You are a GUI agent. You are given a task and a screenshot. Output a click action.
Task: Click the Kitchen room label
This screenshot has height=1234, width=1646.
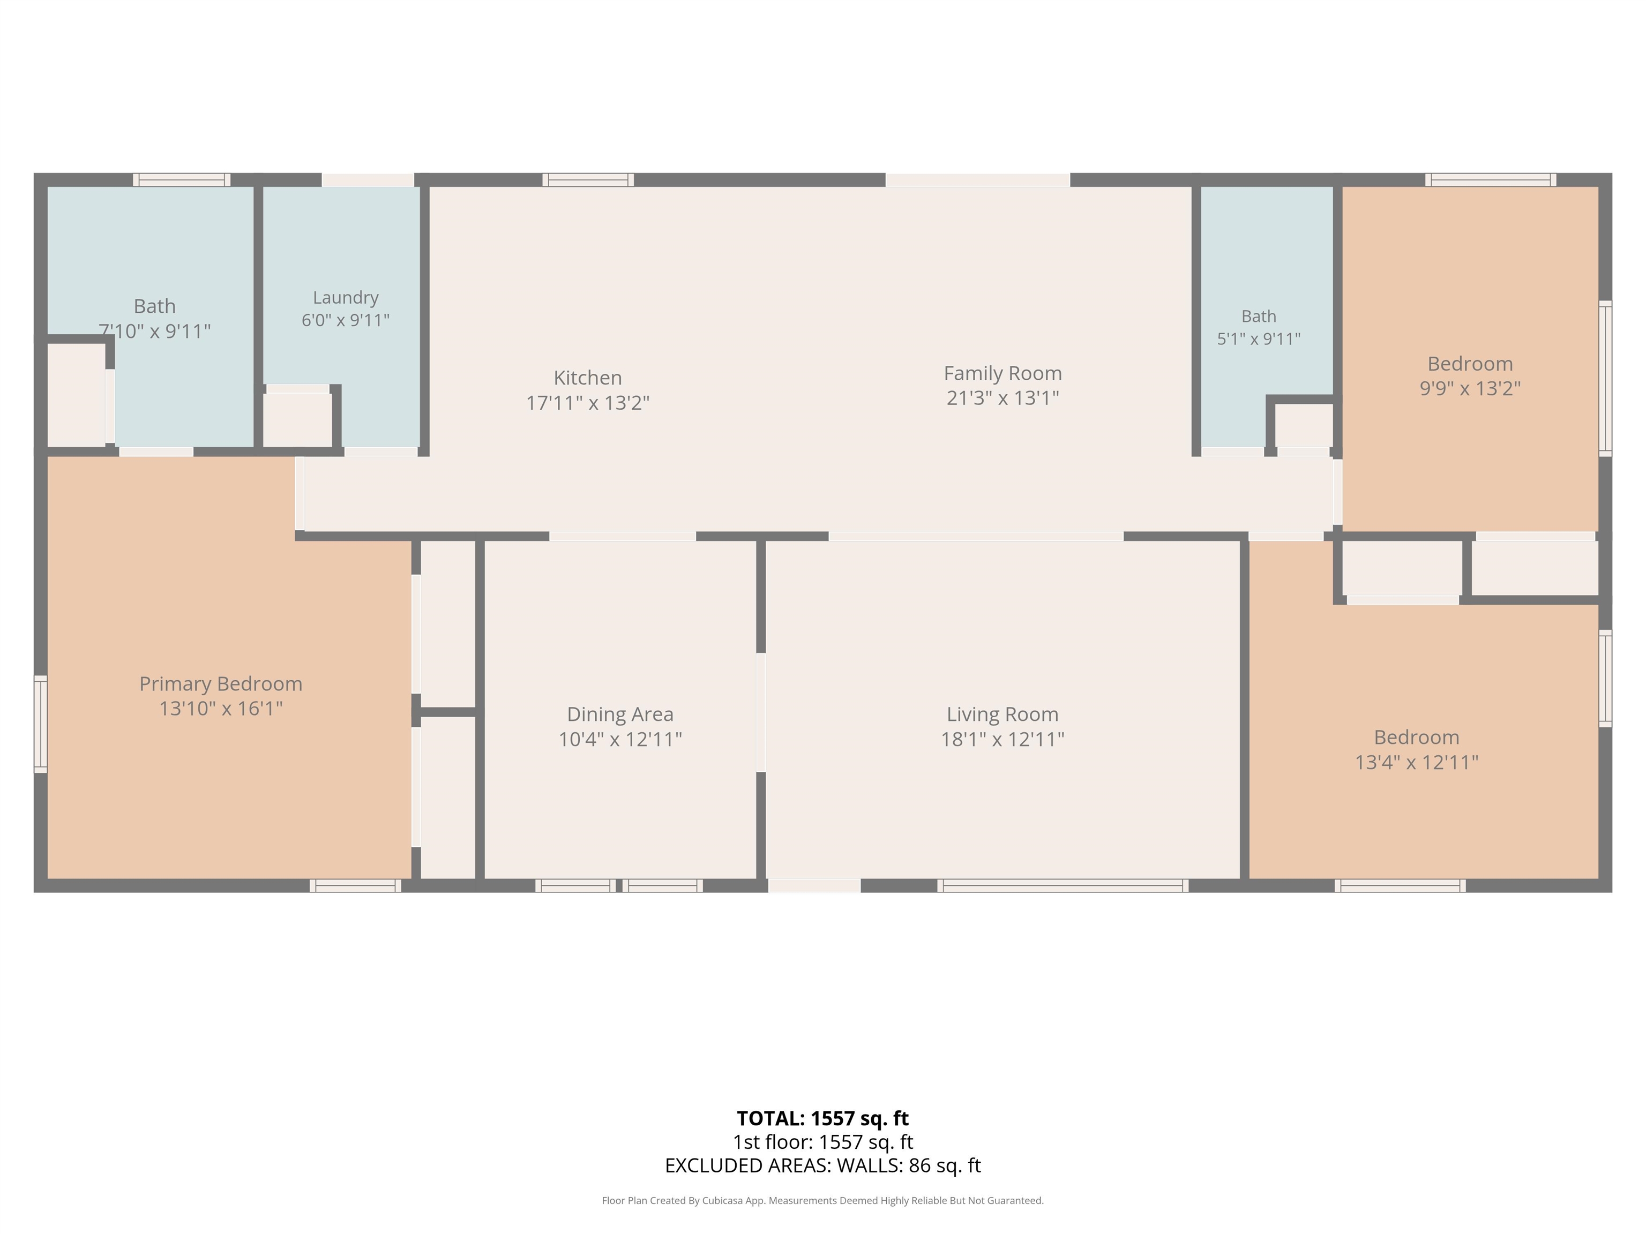click(x=588, y=378)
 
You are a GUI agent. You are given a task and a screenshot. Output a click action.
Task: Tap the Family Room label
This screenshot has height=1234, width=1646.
click(x=1002, y=373)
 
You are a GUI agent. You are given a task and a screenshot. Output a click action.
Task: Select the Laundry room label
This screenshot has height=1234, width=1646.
click(x=345, y=298)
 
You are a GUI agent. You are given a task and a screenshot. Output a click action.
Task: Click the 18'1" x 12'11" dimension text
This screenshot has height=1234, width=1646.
click(x=1002, y=739)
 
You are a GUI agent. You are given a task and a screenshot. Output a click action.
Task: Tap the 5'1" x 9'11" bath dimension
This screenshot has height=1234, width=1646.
click(x=1258, y=339)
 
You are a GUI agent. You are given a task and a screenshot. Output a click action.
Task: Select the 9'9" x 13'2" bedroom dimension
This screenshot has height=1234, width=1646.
click(x=1470, y=388)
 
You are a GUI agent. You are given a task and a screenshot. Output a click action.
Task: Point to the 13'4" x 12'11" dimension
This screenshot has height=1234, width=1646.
click(x=1416, y=763)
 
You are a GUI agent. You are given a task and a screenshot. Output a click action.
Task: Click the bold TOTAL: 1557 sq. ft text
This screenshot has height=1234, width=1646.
click(x=822, y=1119)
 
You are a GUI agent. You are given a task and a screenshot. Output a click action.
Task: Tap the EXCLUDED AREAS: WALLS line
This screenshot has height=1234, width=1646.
click(x=822, y=1165)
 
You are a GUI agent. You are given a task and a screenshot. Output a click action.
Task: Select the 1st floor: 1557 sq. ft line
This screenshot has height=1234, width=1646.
click(x=822, y=1142)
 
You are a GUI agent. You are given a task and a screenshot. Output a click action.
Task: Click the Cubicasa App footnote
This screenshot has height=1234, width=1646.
click(x=822, y=1201)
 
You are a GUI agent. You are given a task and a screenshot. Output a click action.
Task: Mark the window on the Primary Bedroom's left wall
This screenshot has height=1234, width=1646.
click(x=41, y=724)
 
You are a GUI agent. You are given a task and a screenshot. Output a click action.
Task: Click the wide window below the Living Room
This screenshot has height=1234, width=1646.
click(x=1062, y=886)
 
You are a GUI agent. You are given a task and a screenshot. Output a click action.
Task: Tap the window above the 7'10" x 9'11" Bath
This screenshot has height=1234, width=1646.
click(x=182, y=180)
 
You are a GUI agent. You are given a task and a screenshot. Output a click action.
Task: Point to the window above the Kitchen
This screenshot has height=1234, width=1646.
click(x=588, y=180)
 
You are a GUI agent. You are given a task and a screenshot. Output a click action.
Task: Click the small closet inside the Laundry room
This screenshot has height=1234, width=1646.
click(x=298, y=419)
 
